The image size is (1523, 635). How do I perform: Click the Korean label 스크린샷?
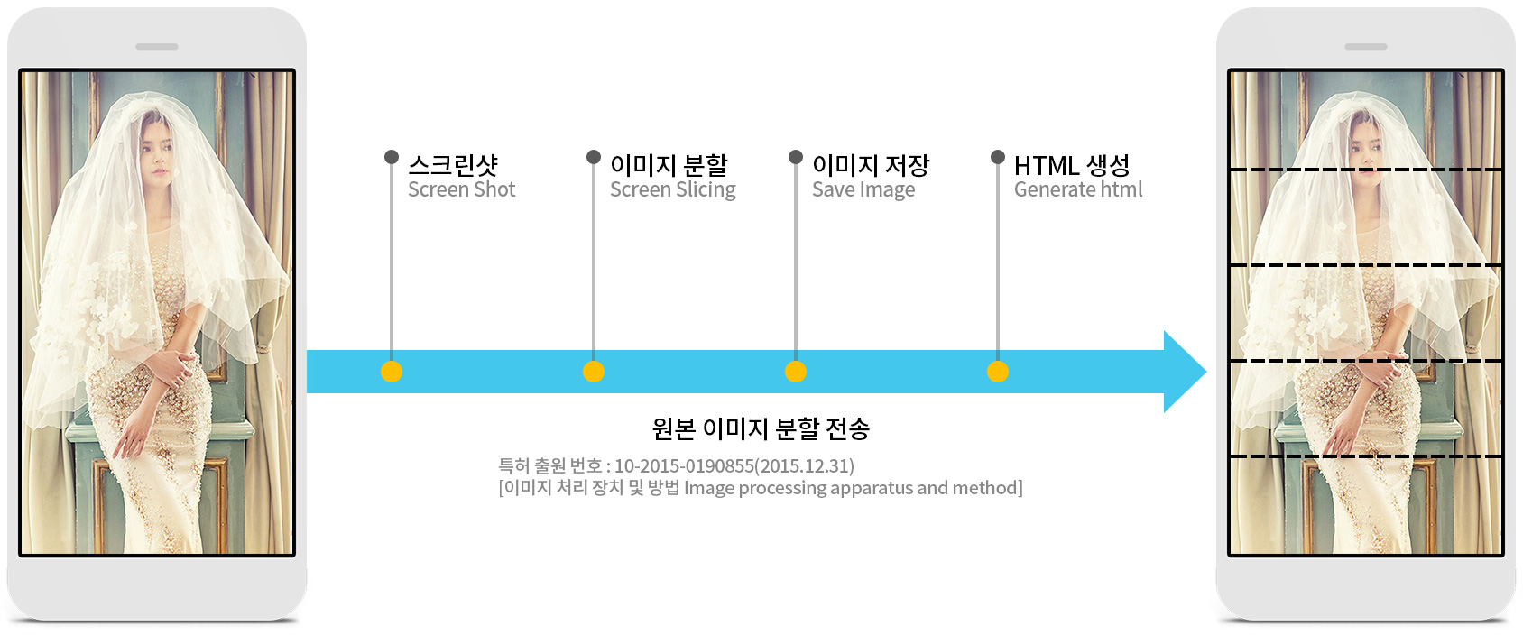click(x=453, y=165)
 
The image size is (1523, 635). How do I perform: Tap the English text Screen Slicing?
click(x=672, y=189)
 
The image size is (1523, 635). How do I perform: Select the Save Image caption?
click(x=863, y=189)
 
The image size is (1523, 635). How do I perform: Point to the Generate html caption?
click(x=1078, y=189)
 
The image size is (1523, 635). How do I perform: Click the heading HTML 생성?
click(x=1072, y=165)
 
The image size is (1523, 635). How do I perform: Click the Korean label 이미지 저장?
click(x=871, y=165)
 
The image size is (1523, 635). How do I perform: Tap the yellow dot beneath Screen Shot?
click(x=392, y=372)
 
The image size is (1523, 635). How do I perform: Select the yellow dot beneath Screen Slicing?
click(x=594, y=372)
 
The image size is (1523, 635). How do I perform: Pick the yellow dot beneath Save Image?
click(x=796, y=372)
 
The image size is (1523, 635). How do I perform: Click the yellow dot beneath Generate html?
click(x=997, y=372)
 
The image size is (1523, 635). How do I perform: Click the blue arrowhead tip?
click(x=1206, y=372)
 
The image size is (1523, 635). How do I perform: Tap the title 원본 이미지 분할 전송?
click(x=761, y=428)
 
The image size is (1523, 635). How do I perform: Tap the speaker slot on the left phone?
click(x=157, y=47)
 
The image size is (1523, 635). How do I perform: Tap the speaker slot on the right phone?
click(x=1366, y=47)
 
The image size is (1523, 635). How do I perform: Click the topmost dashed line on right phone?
click(x=1366, y=170)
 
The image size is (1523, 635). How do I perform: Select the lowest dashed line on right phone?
click(x=1366, y=456)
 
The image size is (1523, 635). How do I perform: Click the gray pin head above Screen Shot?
click(x=392, y=157)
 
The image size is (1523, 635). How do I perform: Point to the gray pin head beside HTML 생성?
click(x=997, y=157)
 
